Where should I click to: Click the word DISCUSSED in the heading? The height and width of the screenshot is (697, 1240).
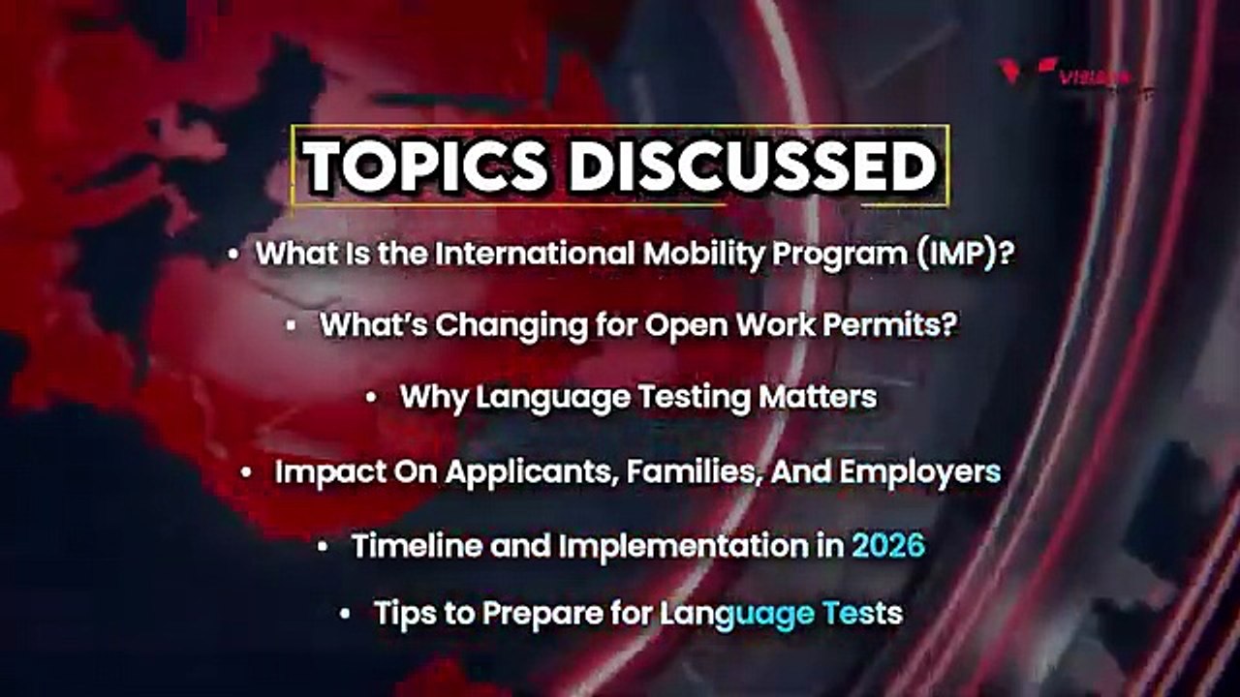click(x=752, y=167)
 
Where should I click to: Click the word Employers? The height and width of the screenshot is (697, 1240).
click(x=920, y=472)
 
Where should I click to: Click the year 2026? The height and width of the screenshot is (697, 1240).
click(x=888, y=546)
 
